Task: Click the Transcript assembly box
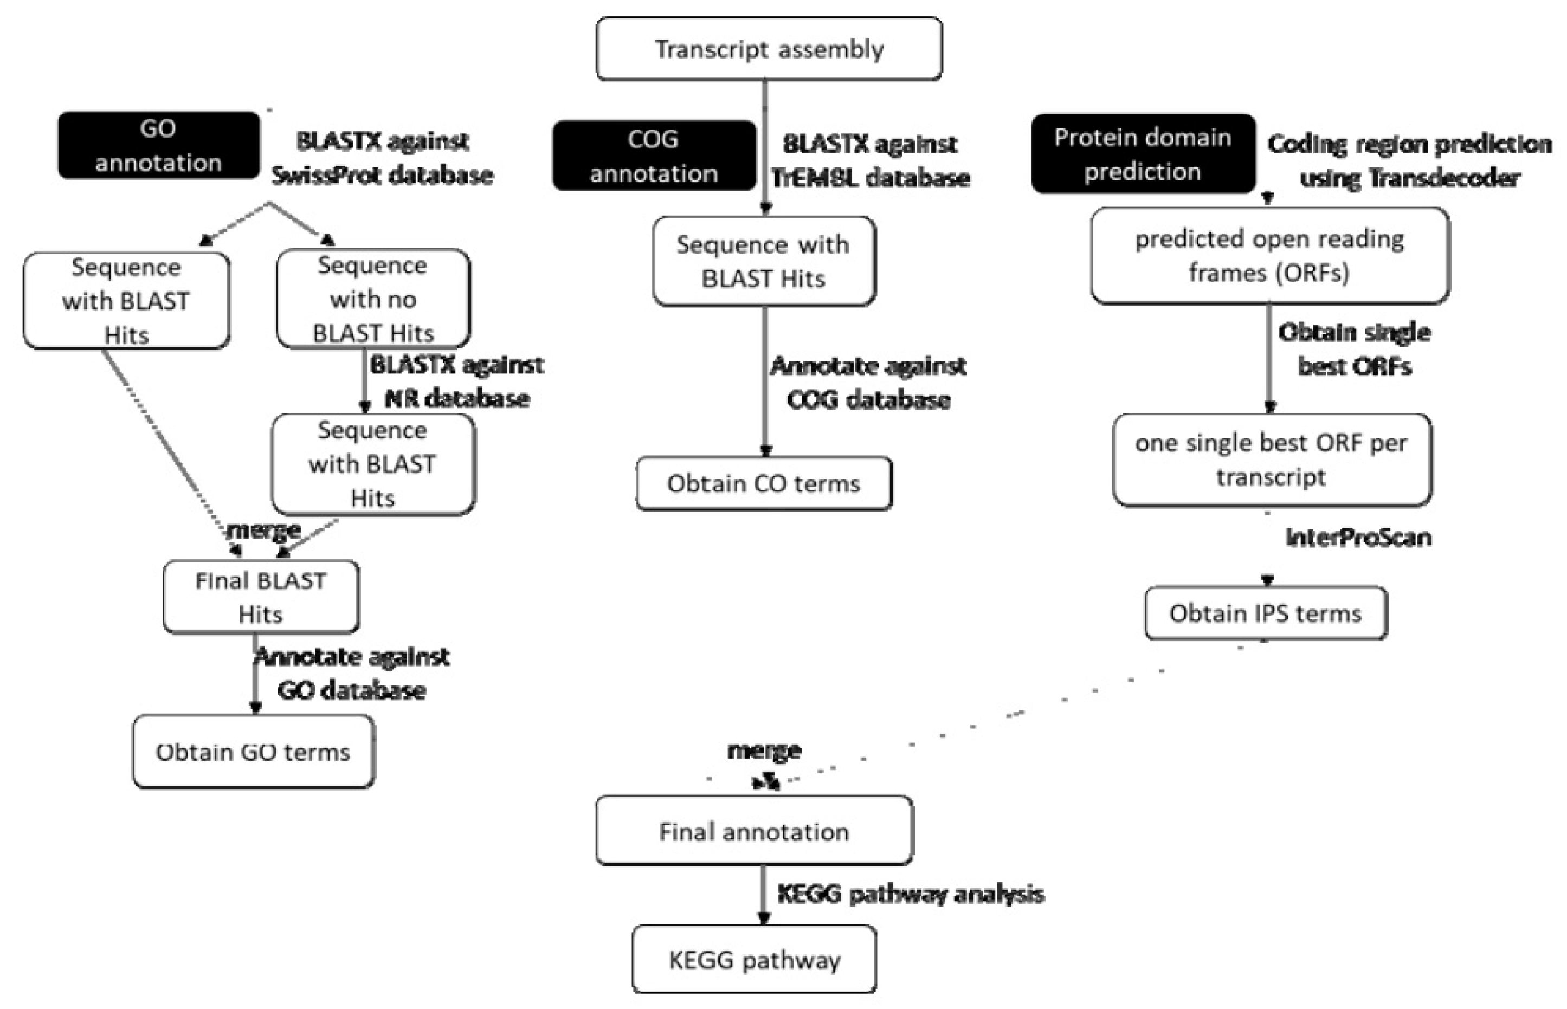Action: [769, 49]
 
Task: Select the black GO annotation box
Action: [159, 145]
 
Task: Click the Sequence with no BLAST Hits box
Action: [372, 299]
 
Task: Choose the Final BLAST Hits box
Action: [260, 597]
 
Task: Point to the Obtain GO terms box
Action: [253, 752]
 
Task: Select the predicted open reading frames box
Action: [1269, 256]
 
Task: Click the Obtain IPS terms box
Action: [1266, 613]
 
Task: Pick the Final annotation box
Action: [753, 831]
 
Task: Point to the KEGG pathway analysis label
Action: [910, 894]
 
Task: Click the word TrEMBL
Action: [814, 178]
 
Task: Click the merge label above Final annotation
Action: [764, 750]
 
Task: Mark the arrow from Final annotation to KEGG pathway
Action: [763, 894]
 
